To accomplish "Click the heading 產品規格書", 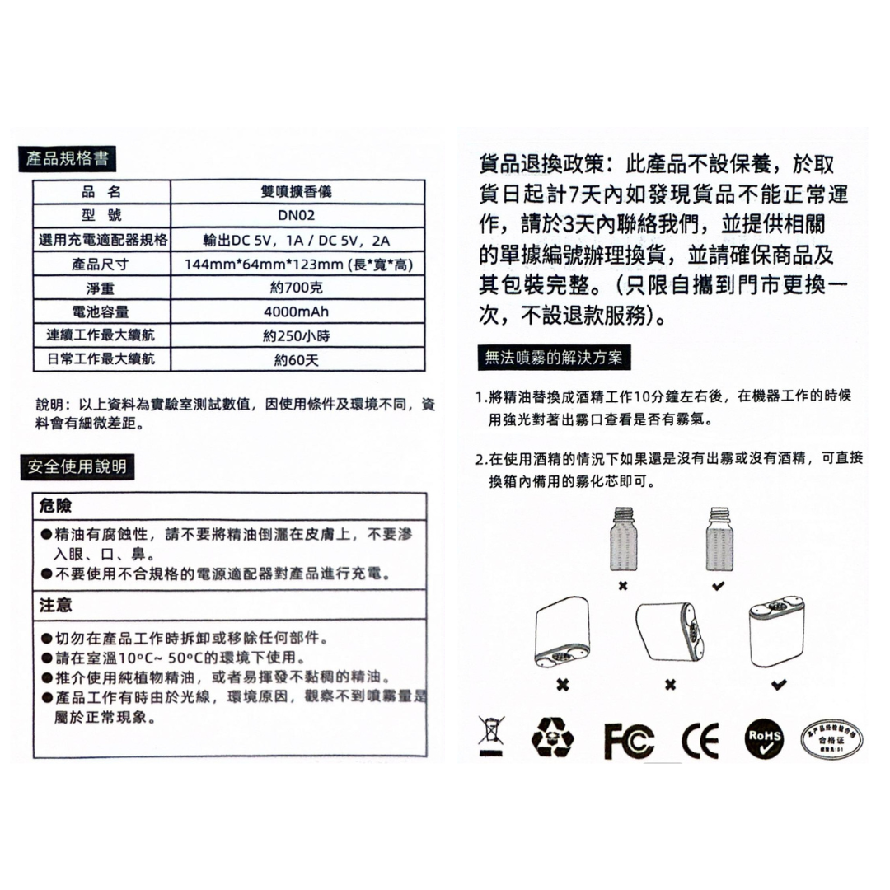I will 68,158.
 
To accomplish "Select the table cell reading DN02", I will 297,216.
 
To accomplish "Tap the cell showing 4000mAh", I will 297,312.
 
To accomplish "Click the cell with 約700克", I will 297,288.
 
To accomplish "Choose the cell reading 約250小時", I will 297,336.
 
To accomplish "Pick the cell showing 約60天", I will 297,360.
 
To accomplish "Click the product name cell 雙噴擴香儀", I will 297,192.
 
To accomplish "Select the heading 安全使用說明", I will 77,467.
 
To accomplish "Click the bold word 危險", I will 56,504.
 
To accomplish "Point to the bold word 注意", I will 56,605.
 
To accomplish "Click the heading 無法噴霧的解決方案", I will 554,358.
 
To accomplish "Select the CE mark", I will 700,739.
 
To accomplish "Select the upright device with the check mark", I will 775,633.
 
